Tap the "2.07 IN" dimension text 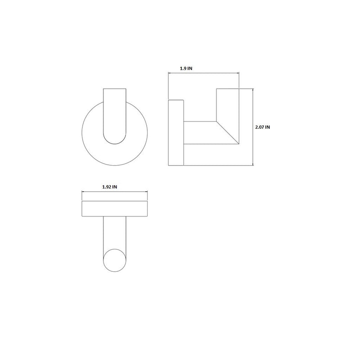262,127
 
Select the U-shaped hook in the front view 115,117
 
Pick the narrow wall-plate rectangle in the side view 175,133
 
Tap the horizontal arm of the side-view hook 202,133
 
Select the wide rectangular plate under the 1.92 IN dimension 115,208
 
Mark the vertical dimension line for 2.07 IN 254,127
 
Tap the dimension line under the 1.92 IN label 115,192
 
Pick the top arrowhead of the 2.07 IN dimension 254,90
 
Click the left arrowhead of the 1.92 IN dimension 83,192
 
